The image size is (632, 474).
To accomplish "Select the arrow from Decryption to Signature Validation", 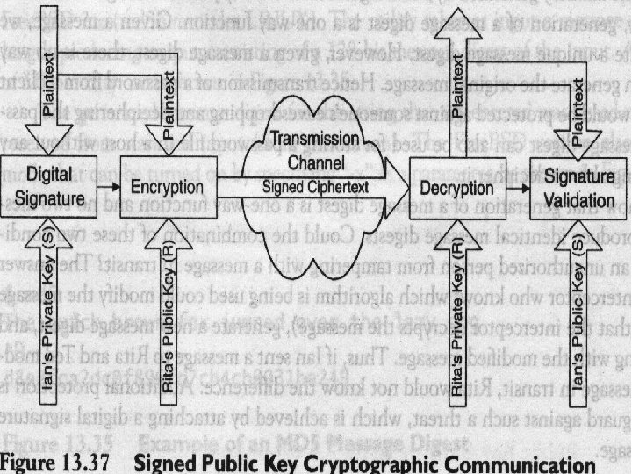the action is pyautogui.click(x=516, y=186).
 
